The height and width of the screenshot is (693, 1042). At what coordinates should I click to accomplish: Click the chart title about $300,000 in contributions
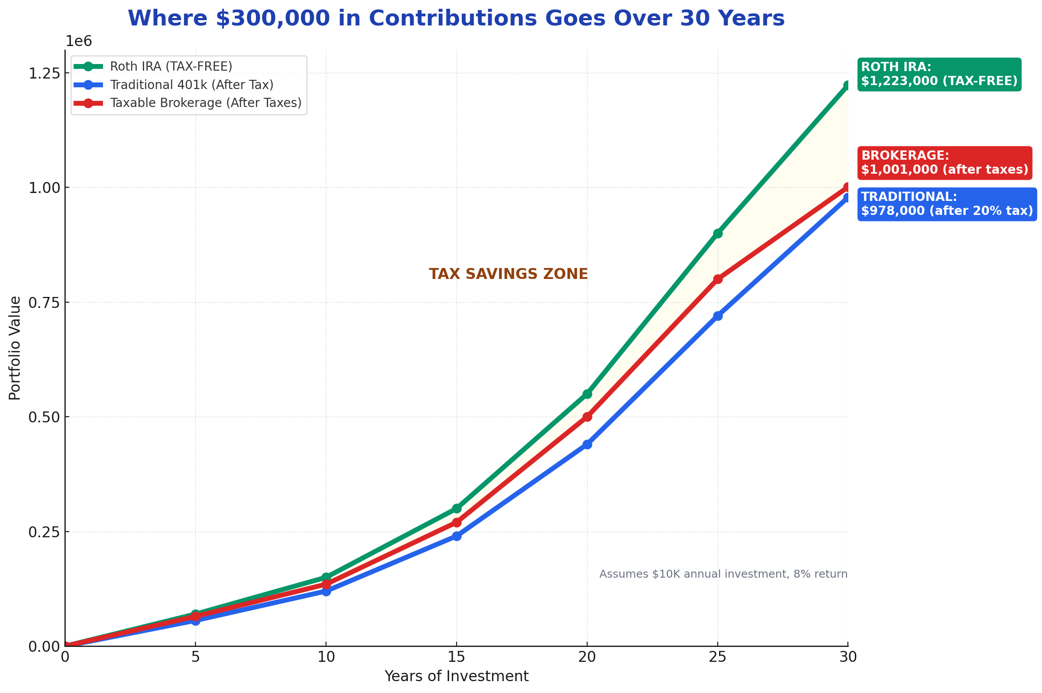[x=456, y=18]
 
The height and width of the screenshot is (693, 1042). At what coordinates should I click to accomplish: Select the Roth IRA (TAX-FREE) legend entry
[x=171, y=66]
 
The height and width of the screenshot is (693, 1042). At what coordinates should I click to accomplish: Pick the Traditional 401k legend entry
[x=191, y=85]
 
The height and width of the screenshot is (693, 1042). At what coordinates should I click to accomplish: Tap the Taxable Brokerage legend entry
[x=206, y=103]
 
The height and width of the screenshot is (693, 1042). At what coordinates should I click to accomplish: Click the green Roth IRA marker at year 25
[x=717, y=233]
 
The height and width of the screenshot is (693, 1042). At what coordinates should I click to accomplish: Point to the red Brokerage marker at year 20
[x=587, y=417]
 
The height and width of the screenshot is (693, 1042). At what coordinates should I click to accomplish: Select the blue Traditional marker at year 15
[x=457, y=536]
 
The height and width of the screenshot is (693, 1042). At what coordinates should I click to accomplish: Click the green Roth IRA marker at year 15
[x=457, y=509]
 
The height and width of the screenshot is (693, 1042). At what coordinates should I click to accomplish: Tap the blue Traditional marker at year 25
[x=717, y=316]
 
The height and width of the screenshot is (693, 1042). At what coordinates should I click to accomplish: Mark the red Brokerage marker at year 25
[x=717, y=279]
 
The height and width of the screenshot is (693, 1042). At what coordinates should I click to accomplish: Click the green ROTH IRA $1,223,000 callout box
[x=939, y=74]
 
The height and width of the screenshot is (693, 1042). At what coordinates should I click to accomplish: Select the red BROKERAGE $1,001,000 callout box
[x=944, y=163]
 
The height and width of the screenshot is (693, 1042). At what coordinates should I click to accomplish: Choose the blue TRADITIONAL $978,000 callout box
[x=946, y=204]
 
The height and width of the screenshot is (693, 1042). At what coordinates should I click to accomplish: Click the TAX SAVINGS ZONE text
[x=508, y=274]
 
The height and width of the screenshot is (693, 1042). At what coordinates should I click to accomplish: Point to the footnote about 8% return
[x=723, y=574]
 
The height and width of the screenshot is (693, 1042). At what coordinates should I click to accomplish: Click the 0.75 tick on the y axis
[x=44, y=303]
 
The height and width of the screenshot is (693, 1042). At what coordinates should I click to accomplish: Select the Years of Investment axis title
[x=456, y=677]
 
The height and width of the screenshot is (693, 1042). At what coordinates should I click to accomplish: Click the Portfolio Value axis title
[x=15, y=348]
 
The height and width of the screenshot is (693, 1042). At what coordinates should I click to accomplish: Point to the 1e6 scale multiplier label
[x=78, y=42]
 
